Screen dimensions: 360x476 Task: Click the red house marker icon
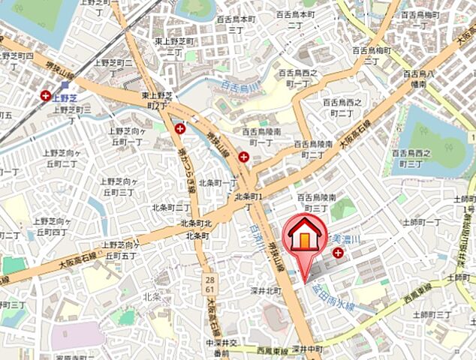(x=305, y=235)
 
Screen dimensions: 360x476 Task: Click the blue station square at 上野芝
(x=65, y=85)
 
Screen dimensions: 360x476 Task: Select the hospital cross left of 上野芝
(x=47, y=96)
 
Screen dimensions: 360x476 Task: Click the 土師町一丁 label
(x=423, y=222)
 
